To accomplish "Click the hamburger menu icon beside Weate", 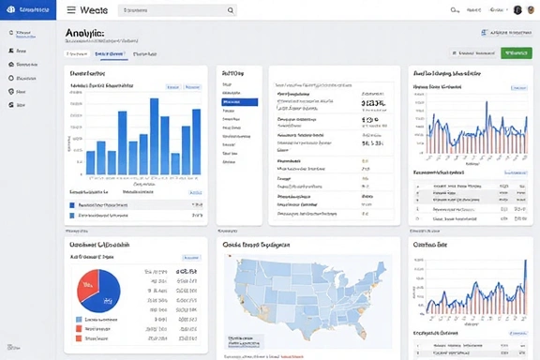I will point(71,9).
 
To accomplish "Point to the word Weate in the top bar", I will point(95,9).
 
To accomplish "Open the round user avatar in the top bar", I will point(517,9).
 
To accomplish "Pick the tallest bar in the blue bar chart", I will point(155,136).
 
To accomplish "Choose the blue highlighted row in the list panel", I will point(239,102).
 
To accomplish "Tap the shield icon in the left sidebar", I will point(10,92).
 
